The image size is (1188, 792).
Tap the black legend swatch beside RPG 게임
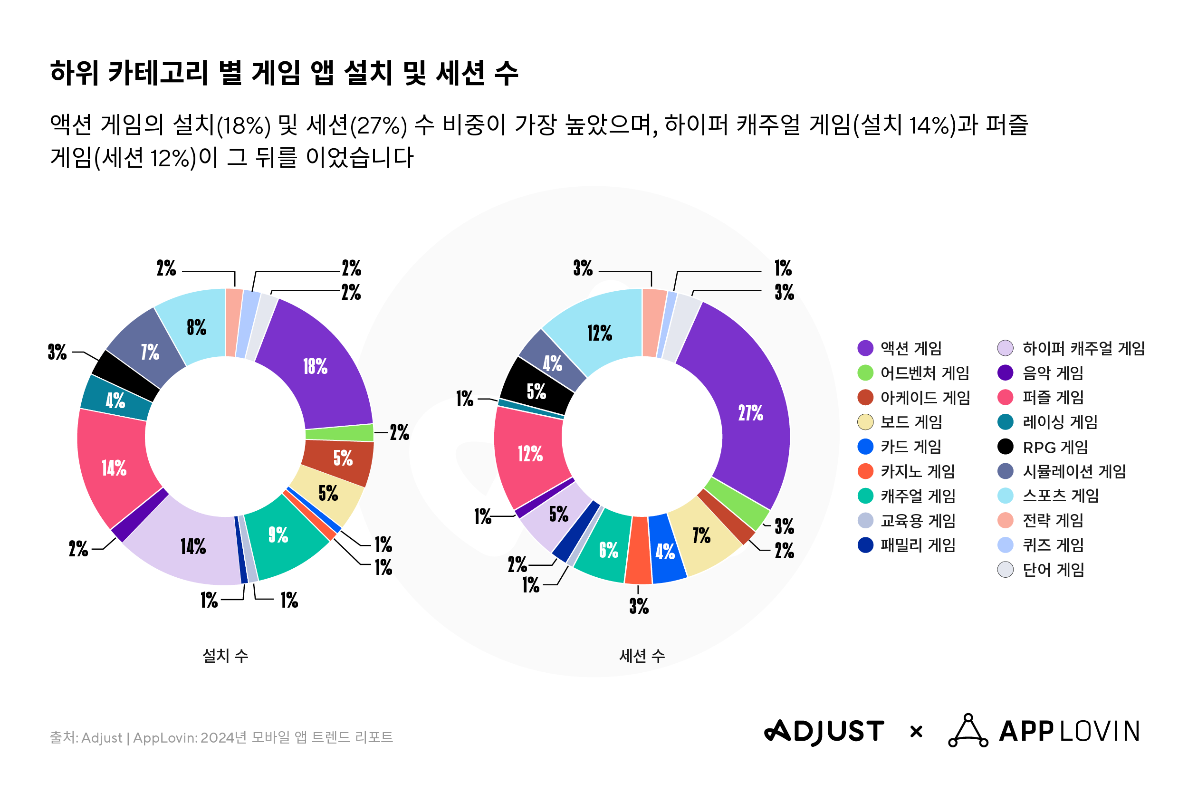coord(1005,447)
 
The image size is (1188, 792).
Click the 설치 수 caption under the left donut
coord(225,656)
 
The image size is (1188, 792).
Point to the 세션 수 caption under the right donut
coord(642,656)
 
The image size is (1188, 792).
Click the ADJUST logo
coord(824,731)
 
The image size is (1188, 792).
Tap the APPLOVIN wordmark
coord(1069,731)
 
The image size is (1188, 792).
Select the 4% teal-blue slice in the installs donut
coord(115,400)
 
